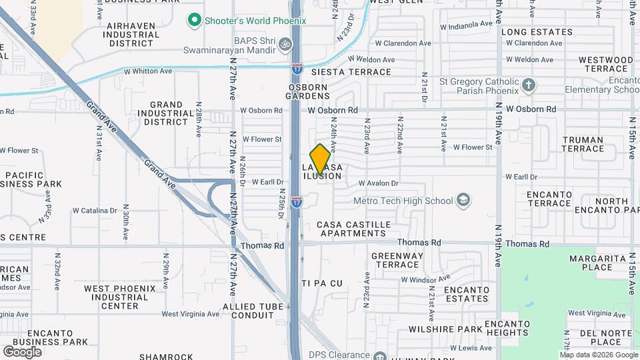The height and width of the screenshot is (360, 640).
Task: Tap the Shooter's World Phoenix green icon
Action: tap(195, 21)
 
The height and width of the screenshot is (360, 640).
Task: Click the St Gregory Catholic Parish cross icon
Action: tap(529, 85)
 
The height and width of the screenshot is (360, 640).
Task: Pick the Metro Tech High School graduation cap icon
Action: tap(463, 200)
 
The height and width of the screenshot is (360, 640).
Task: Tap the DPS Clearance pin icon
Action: tap(381, 355)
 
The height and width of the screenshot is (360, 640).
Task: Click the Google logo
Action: tap(23, 351)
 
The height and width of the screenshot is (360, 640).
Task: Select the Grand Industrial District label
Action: tap(167, 113)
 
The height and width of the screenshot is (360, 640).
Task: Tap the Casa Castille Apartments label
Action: tap(352, 229)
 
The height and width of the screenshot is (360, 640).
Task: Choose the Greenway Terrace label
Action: tap(398, 260)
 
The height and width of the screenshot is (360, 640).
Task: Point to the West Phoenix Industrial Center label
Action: tap(120, 297)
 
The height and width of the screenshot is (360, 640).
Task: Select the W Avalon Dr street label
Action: tap(378, 183)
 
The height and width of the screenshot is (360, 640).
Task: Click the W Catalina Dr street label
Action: tap(95, 211)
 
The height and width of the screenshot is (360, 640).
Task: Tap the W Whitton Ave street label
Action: tap(148, 71)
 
